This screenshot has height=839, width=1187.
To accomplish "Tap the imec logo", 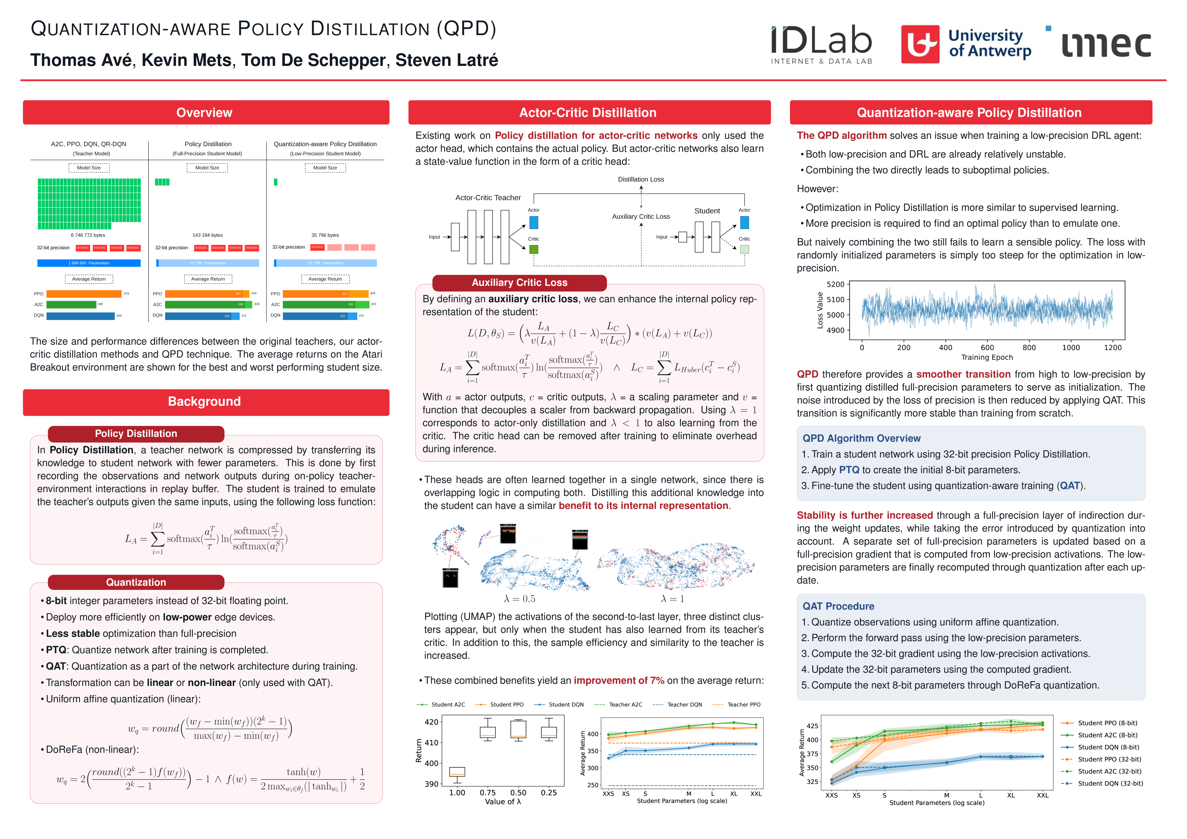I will coord(1106,45).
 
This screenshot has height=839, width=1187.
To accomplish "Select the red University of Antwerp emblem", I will coord(920,45).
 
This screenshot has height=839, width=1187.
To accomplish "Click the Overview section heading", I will coord(204,113).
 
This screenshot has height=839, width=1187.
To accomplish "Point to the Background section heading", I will coord(204,401).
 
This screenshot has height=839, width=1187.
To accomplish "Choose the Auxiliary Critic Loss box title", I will coord(519,283).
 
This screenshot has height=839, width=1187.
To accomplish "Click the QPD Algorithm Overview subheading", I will coord(861,438).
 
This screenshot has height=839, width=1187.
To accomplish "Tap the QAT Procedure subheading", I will coord(838,606).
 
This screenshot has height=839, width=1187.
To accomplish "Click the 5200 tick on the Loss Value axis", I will coord(835,284).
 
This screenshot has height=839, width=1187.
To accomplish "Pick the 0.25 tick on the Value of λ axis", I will coord(549,792).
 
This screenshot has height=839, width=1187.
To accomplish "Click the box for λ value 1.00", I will coord(457,772).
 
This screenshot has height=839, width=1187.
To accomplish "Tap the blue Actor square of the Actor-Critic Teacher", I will coord(533,223).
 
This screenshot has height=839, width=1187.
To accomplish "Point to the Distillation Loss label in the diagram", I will coord(640,179).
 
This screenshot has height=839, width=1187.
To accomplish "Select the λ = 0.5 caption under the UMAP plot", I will coord(519,599).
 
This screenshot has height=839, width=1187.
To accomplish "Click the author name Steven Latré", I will coord(446,60).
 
